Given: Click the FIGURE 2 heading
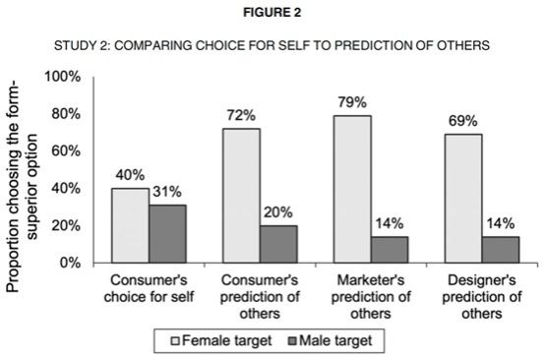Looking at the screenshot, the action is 272,13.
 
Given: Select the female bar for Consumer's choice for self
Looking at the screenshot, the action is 130,225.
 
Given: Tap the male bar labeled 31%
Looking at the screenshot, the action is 167,234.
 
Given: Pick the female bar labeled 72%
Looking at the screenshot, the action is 242,196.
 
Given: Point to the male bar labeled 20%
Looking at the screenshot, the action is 278,244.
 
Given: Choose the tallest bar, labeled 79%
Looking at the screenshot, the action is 352,190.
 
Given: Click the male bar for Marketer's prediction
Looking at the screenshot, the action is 390,250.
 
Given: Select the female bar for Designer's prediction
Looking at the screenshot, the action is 463,199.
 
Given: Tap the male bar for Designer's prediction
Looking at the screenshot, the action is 501,250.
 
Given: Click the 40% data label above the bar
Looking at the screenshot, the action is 130,175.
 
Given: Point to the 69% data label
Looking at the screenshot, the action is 463,121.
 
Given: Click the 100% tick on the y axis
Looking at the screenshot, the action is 63,77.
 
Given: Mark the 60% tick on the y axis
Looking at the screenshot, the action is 66,151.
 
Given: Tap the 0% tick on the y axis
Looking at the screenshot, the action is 70,263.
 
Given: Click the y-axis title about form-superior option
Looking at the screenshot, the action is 22,187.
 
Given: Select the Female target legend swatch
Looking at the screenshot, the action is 175,341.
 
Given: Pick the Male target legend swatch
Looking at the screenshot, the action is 292,341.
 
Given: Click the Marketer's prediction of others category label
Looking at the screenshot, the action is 371,297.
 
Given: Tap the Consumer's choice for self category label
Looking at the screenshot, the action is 150,288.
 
